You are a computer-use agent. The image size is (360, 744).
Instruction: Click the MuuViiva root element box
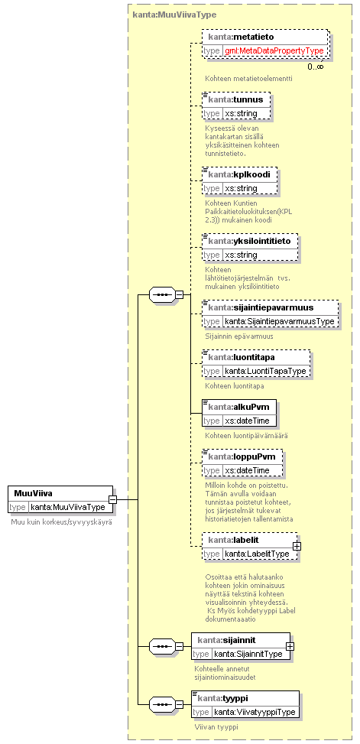tap(60, 499)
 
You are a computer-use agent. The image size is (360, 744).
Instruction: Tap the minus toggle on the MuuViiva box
tap(113, 499)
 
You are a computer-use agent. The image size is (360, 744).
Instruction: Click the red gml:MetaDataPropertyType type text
tap(274, 50)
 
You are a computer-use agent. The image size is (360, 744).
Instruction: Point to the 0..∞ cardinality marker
tap(315, 67)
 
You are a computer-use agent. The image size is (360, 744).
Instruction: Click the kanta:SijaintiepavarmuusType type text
tap(281, 321)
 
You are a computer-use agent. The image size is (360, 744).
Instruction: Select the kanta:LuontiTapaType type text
tap(266, 371)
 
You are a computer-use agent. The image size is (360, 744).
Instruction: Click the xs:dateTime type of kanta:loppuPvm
tap(247, 470)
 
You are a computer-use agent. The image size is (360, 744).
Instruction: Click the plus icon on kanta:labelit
tap(297, 546)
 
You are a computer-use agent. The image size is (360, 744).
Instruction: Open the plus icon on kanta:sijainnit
tap(290, 646)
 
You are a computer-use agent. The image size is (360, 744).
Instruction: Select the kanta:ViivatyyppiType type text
tap(255, 712)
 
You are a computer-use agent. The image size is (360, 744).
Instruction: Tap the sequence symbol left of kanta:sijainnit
tap(162, 646)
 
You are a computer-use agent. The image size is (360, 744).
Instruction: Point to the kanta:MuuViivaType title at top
tap(174, 15)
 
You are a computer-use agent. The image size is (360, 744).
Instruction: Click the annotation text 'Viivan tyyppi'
tap(216, 726)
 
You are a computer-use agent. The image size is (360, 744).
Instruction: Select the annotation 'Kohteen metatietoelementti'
tap(248, 78)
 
